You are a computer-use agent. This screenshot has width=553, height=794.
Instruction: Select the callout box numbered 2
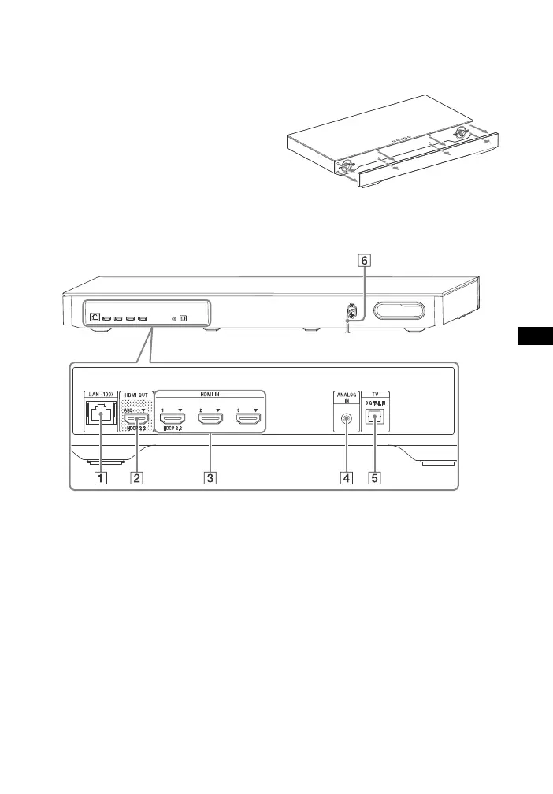point(137,478)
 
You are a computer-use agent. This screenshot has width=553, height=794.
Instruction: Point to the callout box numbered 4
point(345,478)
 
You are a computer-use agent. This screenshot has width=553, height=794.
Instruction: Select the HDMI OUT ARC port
point(137,420)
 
